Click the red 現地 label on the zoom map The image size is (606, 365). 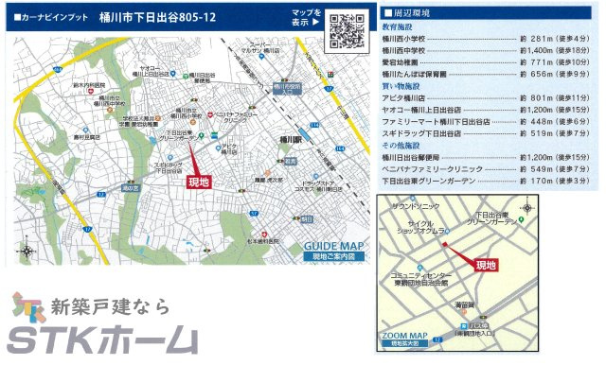click(x=485, y=266)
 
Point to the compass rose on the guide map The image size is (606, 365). click(x=26, y=252)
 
